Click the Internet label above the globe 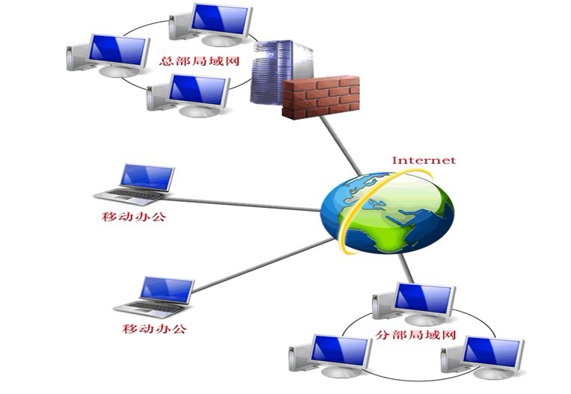tap(424, 160)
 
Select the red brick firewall tap(321, 96)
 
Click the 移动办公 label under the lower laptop tap(153, 329)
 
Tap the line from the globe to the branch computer tap(405, 267)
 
